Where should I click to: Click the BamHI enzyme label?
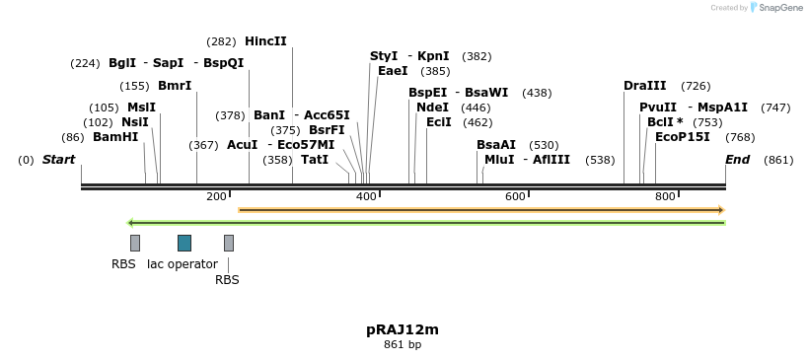click(115, 137)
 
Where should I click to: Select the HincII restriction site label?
click(265, 41)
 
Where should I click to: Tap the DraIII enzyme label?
click(645, 86)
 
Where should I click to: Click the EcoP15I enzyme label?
click(683, 137)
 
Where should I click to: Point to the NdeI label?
click(432, 108)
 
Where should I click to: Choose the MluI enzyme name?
click(499, 160)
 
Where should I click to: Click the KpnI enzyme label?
click(433, 56)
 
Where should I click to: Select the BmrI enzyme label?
click(175, 86)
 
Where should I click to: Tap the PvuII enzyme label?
click(658, 108)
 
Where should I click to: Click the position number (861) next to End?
click(778, 160)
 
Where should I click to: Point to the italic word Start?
click(58, 160)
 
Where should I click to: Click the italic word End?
click(737, 160)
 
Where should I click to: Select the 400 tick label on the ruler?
click(366, 197)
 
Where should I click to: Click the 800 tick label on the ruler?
click(664, 197)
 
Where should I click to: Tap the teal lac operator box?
click(184, 243)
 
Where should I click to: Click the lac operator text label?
click(182, 264)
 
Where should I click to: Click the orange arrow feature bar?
click(481, 210)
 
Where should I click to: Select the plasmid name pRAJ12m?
click(403, 329)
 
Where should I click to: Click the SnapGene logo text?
click(779, 8)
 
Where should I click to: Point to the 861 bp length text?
click(403, 344)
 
